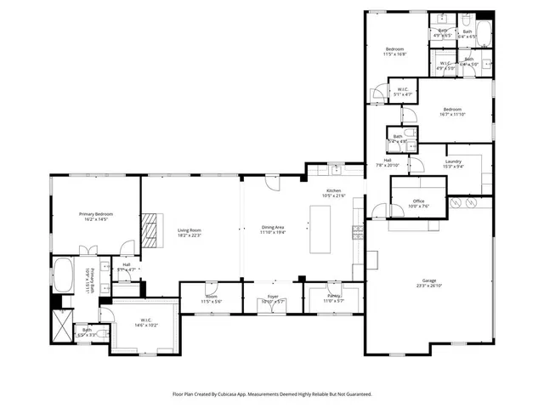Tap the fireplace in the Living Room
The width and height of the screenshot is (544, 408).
click(x=150, y=229)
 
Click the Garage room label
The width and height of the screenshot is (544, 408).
click(x=429, y=281)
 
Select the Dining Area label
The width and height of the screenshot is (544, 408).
click(x=273, y=229)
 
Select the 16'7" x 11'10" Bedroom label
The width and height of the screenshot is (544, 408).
click(x=452, y=111)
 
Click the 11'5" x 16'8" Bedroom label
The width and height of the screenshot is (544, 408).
click(x=394, y=51)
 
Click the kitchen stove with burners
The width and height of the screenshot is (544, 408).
click(x=360, y=229)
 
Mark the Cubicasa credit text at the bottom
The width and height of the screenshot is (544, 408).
click(x=272, y=394)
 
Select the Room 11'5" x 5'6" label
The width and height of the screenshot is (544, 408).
click(x=211, y=299)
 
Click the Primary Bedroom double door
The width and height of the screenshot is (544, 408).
click(x=88, y=251)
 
